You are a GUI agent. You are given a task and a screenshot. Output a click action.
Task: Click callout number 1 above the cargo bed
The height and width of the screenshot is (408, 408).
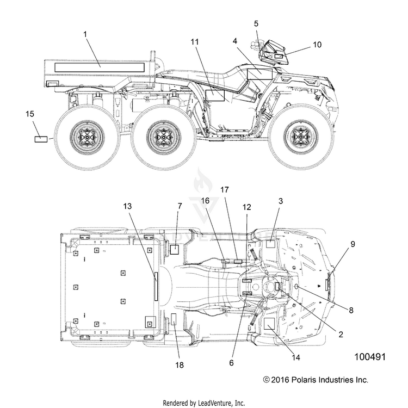pyautogui.click(x=85, y=34)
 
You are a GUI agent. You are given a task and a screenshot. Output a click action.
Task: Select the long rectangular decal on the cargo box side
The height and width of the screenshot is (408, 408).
pyautogui.click(x=100, y=67)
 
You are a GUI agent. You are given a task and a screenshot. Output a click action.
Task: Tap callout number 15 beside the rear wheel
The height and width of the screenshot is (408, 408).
pyautogui.click(x=30, y=114)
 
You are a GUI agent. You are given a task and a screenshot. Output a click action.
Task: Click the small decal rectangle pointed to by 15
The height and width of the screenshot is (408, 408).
pyautogui.click(x=41, y=139)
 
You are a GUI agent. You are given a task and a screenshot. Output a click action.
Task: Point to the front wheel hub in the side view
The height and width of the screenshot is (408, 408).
pyautogui.click(x=300, y=137)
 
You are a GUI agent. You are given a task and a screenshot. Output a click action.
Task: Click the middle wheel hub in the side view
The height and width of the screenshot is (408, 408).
pyautogui.click(x=164, y=137)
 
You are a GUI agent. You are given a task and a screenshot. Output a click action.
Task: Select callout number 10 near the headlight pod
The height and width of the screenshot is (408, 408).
pyautogui.click(x=317, y=45)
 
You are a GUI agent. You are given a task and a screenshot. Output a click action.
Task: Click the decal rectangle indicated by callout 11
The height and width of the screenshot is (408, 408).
pyautogui.click(x=215, y=96)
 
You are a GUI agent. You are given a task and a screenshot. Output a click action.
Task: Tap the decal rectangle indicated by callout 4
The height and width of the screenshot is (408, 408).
pyautogui.click(x=259, y=74)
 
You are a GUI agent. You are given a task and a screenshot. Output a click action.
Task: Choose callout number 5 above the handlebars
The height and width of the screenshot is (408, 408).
pyautogui.click(x=256, y=24)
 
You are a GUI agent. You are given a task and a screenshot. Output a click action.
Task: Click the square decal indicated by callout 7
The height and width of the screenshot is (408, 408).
pyautogui.click(x=174, y=249)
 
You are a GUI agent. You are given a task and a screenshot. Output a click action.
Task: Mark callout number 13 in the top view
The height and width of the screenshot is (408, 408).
pyautogui.click(x=127, y=206)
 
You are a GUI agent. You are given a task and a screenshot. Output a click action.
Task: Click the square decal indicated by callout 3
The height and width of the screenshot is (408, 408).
pyautogui.click(x=270, y=244)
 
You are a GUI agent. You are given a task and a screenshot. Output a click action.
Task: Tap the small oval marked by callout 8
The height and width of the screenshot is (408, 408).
pyautogui.click(x=296, y=287)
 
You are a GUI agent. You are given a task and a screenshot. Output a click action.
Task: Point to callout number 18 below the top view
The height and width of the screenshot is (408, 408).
pyautogui.click(x=180, y=365)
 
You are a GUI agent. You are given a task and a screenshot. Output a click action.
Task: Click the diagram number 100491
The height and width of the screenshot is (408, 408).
pyautogui.click(x=370, y=357)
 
